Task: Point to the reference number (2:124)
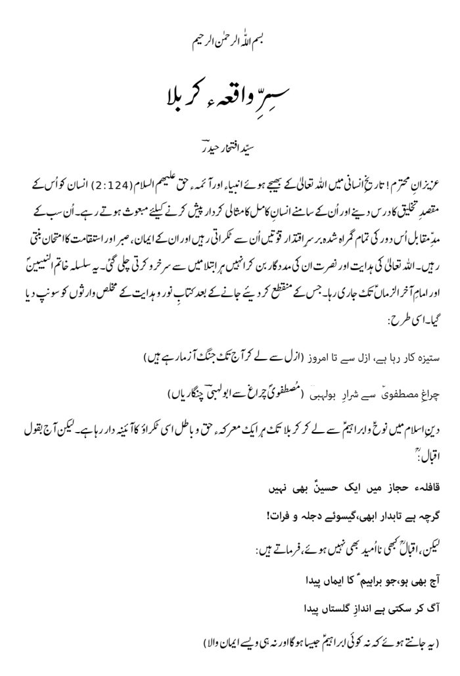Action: pos(338,181)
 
